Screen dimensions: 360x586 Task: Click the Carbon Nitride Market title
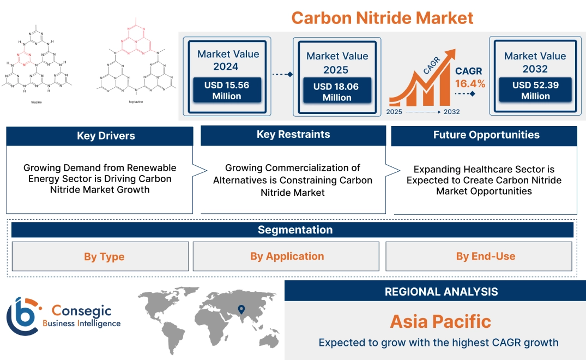(x=382, y=17)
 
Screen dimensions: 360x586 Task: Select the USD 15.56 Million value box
(x=226, y=91)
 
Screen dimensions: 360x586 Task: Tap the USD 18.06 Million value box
(x=337, y=92)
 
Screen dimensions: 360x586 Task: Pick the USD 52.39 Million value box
(x=535, y=91)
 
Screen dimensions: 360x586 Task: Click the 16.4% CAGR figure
(x=470, y=84)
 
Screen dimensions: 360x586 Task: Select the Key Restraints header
(x=293, y=135)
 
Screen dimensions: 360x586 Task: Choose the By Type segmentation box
(x=104, y=256)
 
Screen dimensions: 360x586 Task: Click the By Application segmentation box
(x=287, y=256)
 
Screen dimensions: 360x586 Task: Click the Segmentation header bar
(x=295, y=230)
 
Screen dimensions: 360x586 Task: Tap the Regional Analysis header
(x=441, y=292)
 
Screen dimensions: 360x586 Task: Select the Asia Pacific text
(x=440, y=321)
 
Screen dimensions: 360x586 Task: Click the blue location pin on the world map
(x=240, y=310)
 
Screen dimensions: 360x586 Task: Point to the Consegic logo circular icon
(x=22, y=316)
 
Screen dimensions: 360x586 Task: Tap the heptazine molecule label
(x=136, y=101)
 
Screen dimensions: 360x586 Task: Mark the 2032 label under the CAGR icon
(x=451, y=112)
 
